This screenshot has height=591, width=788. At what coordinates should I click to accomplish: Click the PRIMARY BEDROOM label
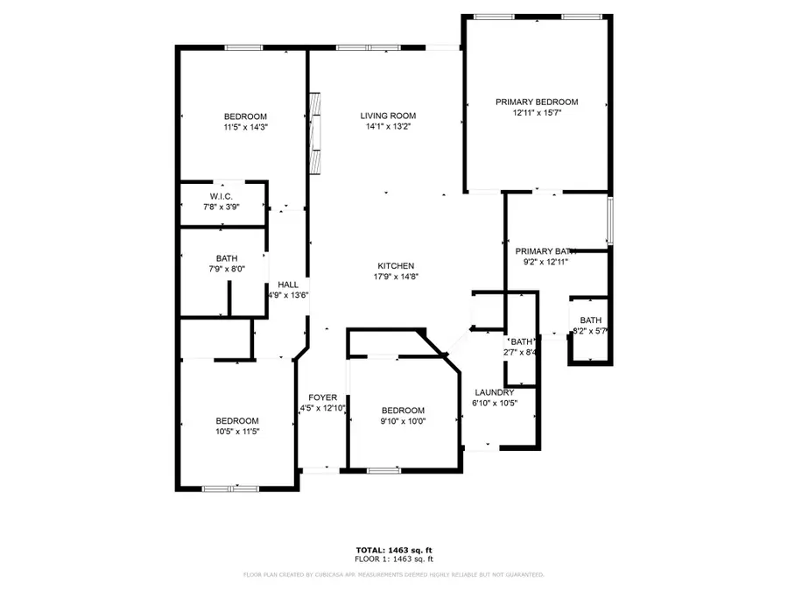pyautogui.click(x=537, y=102)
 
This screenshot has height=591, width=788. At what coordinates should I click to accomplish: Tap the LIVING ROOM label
pyautogui.click(x=388, y=116)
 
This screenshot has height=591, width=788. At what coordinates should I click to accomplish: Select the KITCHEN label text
pyautogui.click(x=396, y=266)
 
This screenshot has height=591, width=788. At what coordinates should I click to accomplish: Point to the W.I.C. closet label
pyautogui.click(x=221, y=196)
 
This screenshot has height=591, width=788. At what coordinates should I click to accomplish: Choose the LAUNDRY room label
pyautogui.click(x=495, y=392)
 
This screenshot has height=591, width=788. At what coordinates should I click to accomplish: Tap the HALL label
pyautogui.click(x=288, y=285)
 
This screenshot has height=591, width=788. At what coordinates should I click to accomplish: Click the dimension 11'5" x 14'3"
pyautogui.click(x=245, y=127)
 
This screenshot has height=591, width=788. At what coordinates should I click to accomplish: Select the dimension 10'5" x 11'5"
pyautogui.click(x=237, y=431)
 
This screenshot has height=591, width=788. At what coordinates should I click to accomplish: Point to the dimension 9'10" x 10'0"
pyautogui.click(x=403, y=421)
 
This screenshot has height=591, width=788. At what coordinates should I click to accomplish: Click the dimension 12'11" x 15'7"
pyautogui.click(x=537, y=112)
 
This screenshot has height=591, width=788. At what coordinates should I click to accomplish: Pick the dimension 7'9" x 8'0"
pyautogui.click(x=227, y=269)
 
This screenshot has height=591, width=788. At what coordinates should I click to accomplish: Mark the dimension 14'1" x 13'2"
pyautogui.click(x=388, y=126)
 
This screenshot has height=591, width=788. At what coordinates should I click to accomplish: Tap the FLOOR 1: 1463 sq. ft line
pyautogui.click(x=393, y=559)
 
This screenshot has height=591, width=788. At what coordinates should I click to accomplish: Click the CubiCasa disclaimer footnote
pyautogui.click(x=393, y=575)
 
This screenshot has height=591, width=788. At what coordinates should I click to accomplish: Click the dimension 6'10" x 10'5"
pyautogui.click(x=495, y=403)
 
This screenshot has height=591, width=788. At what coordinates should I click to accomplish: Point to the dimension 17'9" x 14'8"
pyautogui.click(x=396, y=277)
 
